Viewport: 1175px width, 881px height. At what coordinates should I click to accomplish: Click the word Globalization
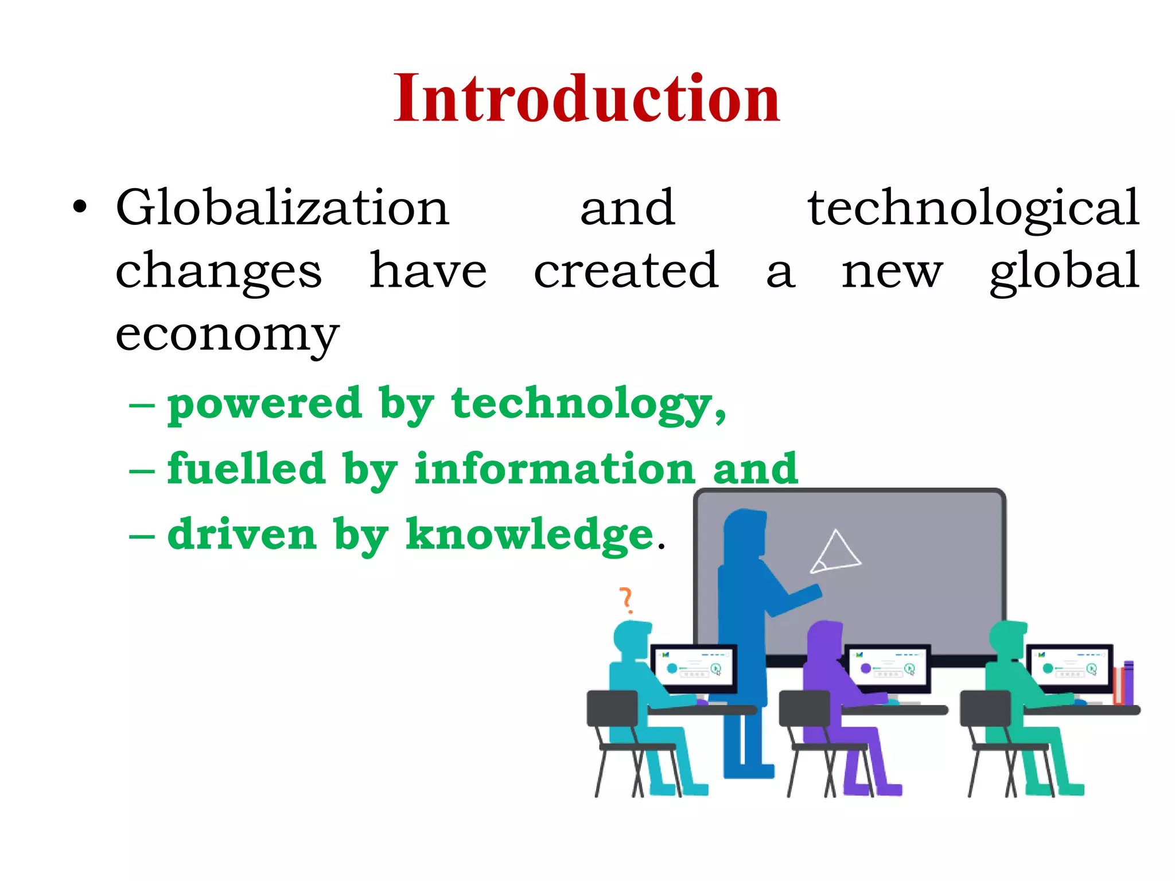[282, 208]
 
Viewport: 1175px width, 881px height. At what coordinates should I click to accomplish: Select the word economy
[227, 336]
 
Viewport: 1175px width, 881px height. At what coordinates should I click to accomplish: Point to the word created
[626, 271]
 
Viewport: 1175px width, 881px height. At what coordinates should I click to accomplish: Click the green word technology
[588, 405]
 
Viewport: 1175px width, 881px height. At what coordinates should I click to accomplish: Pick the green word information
[555, 469]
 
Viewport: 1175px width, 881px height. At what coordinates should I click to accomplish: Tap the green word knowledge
[530, 535]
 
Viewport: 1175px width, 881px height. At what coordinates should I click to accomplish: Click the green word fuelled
[246, 469]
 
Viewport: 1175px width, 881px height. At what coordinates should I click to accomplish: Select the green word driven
[242, 535]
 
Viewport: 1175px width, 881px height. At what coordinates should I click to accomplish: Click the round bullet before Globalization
[80, 208]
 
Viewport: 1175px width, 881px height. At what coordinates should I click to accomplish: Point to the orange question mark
[627, 600]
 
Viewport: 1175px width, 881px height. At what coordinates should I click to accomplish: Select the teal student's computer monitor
[693, 668]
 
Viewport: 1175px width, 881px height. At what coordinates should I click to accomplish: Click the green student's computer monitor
[1069, 668]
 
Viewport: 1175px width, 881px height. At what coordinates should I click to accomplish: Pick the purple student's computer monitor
[887, 668]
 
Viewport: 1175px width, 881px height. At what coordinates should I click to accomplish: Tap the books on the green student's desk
[1123, 683]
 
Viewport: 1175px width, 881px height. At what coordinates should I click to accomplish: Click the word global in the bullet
[1064, 272]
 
